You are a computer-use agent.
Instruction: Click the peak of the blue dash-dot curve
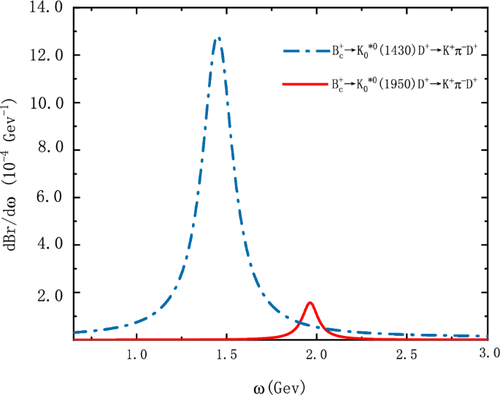[217, 38]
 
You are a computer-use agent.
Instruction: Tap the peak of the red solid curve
[310, 302]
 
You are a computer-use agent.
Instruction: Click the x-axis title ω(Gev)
[274, 384]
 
